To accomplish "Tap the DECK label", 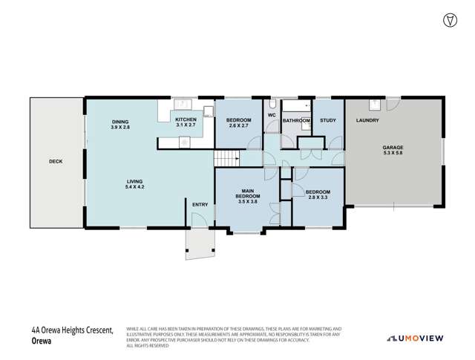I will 56,162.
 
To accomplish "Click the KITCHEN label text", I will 185,120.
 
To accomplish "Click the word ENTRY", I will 200,205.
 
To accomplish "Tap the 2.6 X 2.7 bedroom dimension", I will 238,126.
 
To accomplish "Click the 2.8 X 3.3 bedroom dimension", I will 318,197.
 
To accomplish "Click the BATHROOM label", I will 295,120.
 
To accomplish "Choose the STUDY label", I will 327,120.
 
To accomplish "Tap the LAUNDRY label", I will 367,120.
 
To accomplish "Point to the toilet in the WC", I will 272,105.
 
